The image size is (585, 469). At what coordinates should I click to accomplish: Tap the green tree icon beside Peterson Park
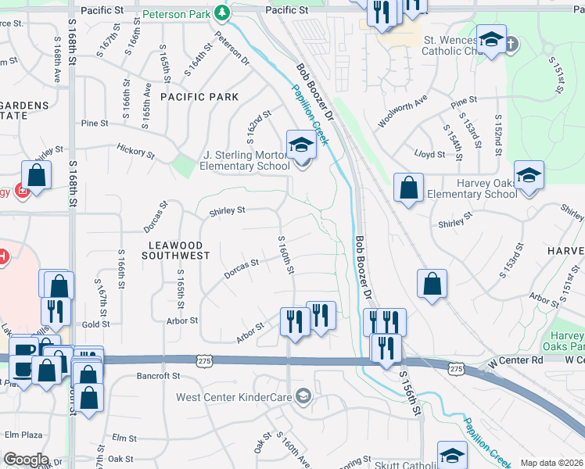tap(222, 12)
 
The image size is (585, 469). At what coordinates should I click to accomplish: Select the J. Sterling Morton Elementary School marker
tap(300, 145)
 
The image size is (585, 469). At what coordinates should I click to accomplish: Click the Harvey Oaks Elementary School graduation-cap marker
tap(529, 176)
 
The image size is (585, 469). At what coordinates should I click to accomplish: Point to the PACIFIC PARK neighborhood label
tap(199, 97)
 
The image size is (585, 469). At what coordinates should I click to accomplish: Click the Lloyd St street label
tap(430, 155)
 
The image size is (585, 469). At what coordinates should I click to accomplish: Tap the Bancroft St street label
tap(159, 376)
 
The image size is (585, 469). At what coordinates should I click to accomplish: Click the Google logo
tap(26, 460)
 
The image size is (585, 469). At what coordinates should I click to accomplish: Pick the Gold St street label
tap(95, 324)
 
